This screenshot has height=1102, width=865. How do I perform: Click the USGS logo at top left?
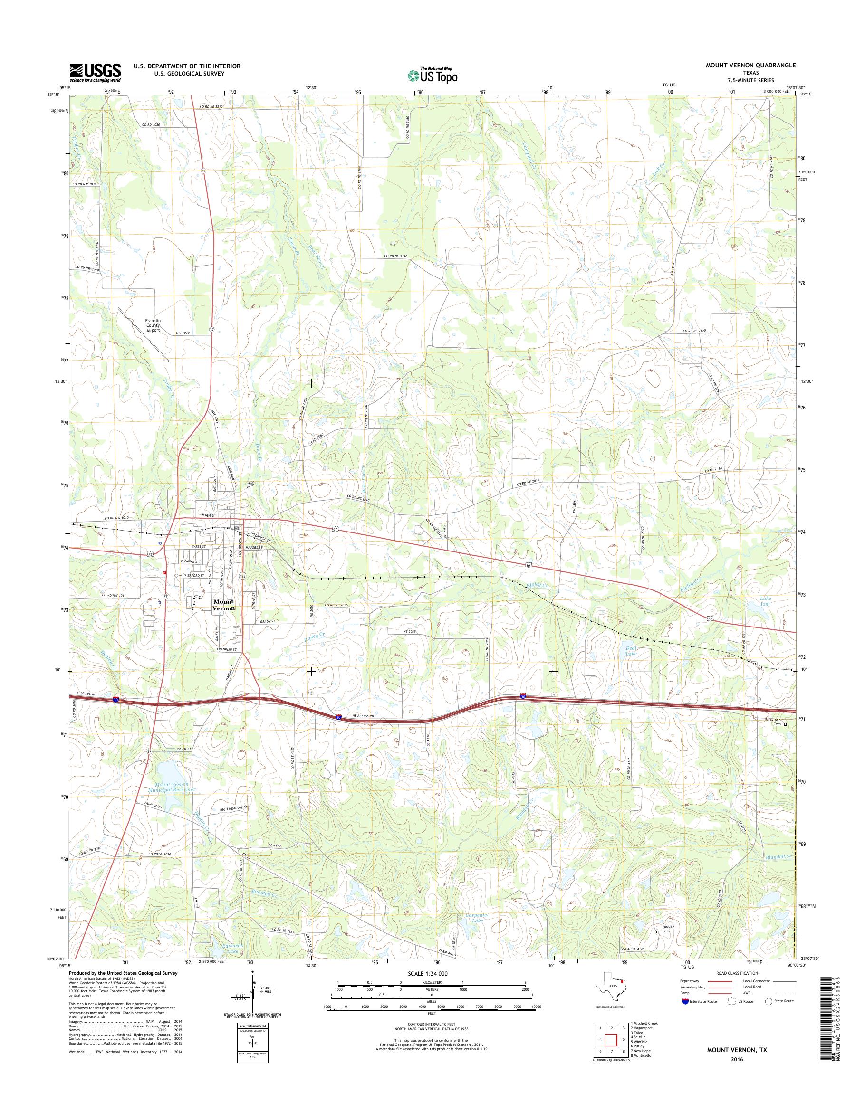(95, 72)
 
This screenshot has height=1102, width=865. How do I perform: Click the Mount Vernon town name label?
(223, 605)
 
